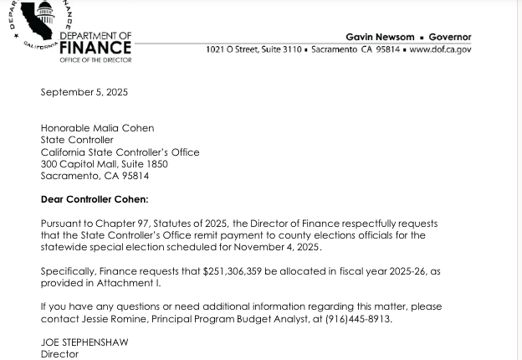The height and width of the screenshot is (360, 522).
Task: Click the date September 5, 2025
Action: click(x=84, y=92)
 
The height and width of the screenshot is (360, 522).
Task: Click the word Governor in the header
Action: click(x=450, y=38)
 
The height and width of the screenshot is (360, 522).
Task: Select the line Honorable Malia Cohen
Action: click(x=97, y=129)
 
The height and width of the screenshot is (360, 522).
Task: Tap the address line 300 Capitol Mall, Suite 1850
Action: click(x=104, y=164)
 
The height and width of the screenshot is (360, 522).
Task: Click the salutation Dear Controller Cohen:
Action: click(x=94, y=200)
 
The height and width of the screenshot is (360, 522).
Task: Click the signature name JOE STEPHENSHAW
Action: click(x=84, y=343)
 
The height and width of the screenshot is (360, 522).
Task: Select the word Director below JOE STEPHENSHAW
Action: click(x=59, y=355)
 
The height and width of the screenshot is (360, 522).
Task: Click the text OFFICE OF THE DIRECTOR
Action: click(x=95, y=60)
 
